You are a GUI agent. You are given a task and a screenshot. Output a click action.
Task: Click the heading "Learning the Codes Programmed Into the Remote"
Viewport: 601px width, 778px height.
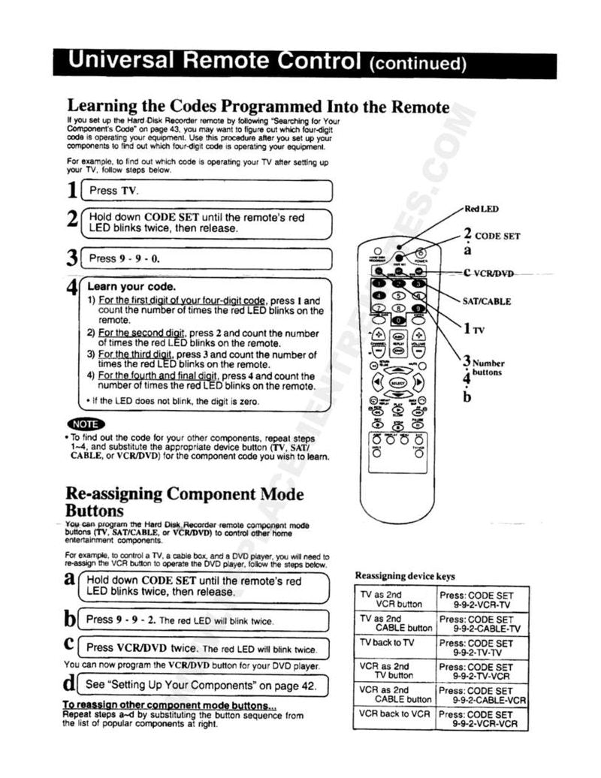point(258,106)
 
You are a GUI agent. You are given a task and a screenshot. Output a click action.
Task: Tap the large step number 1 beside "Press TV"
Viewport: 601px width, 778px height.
point(72,191)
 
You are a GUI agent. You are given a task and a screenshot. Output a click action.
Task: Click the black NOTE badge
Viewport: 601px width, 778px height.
point(81,424)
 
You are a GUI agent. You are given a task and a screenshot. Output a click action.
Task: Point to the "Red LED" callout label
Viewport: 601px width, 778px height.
point(481,209)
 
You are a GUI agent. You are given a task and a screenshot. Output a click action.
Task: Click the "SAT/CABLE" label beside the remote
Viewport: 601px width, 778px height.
point(487,301)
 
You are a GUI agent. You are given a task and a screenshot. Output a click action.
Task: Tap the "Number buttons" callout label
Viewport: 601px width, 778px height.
point(488,367)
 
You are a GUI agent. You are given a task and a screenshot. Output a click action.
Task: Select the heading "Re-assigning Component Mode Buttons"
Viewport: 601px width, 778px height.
point(185,502)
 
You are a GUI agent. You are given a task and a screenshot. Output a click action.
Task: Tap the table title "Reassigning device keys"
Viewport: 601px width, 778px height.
point(405,576)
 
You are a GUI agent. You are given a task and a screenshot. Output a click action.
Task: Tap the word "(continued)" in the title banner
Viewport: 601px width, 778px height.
point(418,64)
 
